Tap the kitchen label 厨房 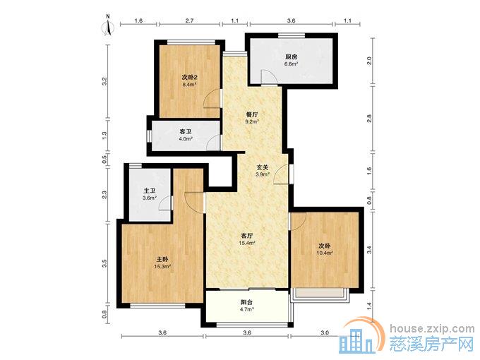click(291, 57)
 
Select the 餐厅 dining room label click(252, 114)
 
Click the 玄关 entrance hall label click(263, 167)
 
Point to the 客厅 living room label click(247, 236)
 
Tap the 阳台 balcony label click(247, 302)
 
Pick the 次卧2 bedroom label click(189, 77)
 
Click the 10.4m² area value click(325, 253)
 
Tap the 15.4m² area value click(247, 243)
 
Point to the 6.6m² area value click(291, 64)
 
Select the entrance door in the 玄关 click(282, 174)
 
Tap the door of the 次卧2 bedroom click(212, 99)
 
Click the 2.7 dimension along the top click(189, 20)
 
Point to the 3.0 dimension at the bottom click(325, 332)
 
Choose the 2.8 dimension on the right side click(369, 119)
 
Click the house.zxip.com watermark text click(432, 329)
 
